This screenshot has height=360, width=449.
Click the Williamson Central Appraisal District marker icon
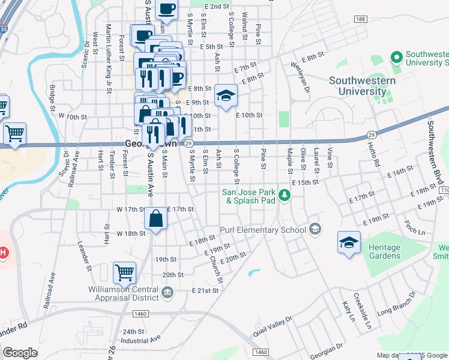[167, 292]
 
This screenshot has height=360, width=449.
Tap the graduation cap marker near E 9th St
[226, 95]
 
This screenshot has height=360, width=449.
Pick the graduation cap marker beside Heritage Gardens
[349, 242]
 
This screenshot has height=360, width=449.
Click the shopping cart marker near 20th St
[125, 272]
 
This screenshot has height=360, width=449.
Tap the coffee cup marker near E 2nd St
[166, 10]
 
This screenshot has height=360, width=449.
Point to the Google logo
[20, 353]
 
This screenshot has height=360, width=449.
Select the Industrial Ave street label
[142, 340]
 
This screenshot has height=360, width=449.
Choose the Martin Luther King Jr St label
[109, 58]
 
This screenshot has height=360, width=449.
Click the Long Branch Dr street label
[396, 305]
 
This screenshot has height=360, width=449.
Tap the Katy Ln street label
[346, 311]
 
